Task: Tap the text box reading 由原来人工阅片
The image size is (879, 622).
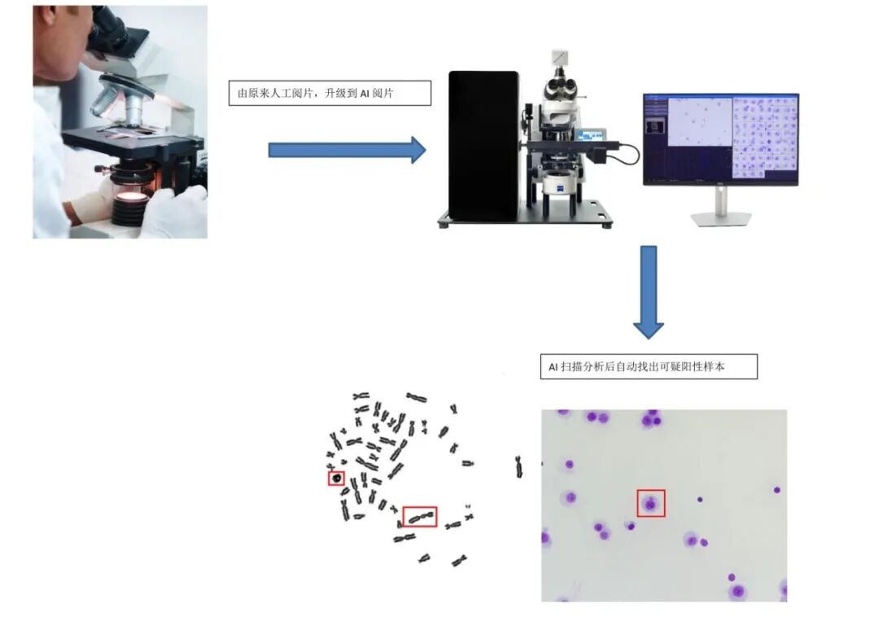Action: [x=329, y=94]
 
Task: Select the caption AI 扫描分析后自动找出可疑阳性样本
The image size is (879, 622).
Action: [x=649, y=367]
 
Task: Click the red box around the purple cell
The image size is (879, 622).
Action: [x=650, y=503]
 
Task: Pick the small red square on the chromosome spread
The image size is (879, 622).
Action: [x=336, y=478]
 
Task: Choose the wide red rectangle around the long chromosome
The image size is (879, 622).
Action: [x=419, y=516]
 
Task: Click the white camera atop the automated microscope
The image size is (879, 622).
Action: [x=560, y=57]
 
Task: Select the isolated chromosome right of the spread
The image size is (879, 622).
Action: [x=518, y=466]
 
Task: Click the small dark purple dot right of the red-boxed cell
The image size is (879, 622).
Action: [x=699, y=498]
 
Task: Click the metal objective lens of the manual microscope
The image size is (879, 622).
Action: [x=106, y=102]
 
